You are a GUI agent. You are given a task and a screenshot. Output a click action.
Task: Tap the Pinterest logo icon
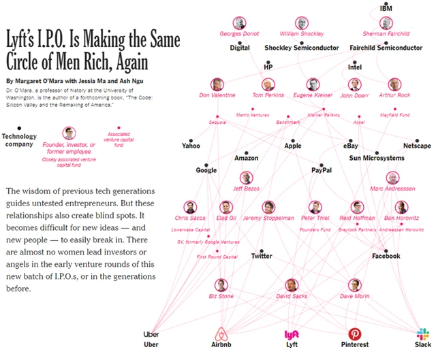point(354,334)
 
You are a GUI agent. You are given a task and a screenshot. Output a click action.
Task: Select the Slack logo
point(423,334)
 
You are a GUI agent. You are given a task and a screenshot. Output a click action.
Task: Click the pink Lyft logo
point(291,334)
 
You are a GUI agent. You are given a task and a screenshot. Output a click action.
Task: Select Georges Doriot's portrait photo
point(238,22)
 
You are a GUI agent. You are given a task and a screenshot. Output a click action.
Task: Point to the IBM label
point(387,8)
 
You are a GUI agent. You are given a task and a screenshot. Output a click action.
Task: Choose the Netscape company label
point(417,146)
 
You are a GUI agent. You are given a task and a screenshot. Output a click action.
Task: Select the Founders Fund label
point(315,230)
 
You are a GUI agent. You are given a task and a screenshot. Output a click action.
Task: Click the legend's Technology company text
point(19,140)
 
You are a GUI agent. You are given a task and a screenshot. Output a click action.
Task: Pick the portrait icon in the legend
point(69,133)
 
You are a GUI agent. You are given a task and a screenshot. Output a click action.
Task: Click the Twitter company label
point(262,256)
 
